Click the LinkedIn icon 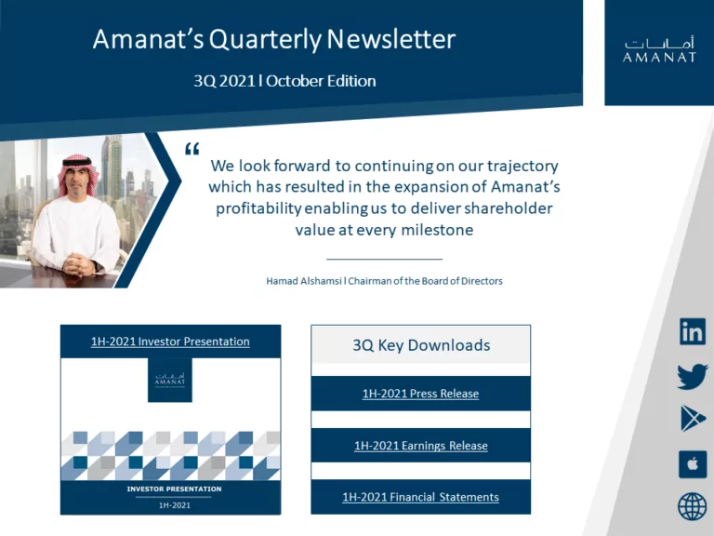click(x=692, y=331)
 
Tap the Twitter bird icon click(x=693, y=376)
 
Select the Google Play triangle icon click(x=693, y=418)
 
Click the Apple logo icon click(x=693, y=464)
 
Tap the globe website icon click(x=693, y=506)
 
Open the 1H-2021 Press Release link click(x=420, y=394)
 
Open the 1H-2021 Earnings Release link click(x=421, y=446)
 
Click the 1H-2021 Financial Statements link click(x=420, y=497)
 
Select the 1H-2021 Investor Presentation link click(x=170, y=342)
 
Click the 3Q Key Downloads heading click(x=421, y=345)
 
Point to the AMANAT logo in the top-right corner click(x=659, y=50)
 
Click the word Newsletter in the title click(x=391, y=39)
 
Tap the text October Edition click(x=321, y=81)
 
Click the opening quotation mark click(x=192, y=149)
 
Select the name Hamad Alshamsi click(x=304, y=281)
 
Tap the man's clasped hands click(x=78, y=264)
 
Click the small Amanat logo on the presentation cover click(x=170, y=380)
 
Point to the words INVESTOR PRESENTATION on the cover click(x=174, y=489)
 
